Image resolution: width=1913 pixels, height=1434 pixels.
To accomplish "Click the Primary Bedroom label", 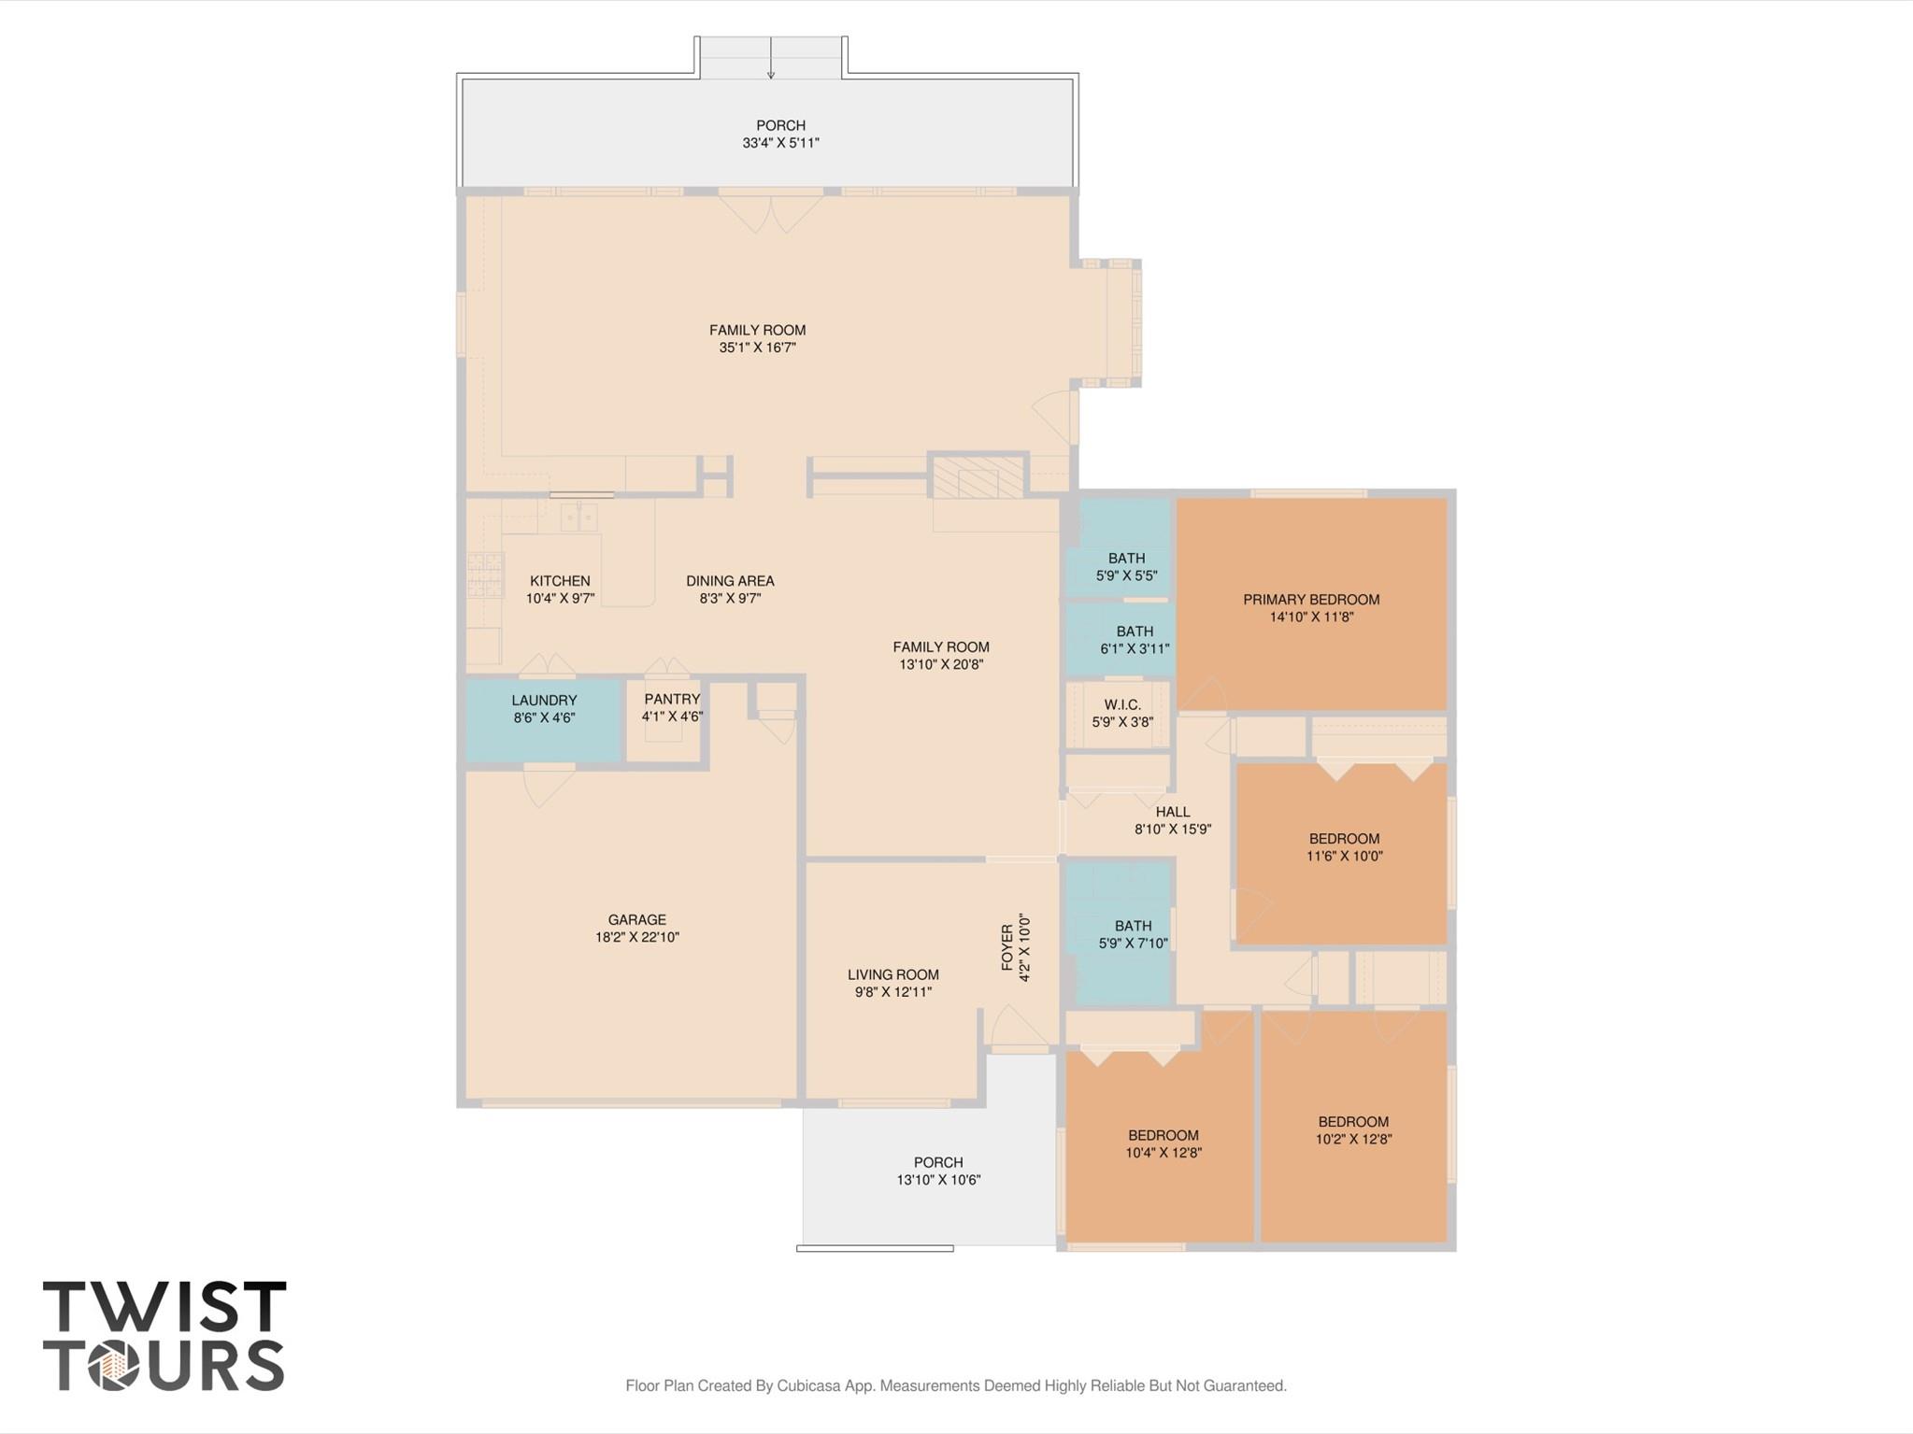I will pyautogui.click(x=1310, y=600).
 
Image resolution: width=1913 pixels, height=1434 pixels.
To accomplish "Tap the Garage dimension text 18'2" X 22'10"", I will pyautogui.click(x=636, y=937).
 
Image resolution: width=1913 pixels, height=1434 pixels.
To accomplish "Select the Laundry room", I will pyautogui.click(x=544, y=719).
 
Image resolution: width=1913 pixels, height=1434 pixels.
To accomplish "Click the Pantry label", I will pyautogui.click(x=671, y=699).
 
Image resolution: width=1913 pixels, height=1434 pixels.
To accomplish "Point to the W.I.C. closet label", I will pyautogui.click(x=1121, y=704).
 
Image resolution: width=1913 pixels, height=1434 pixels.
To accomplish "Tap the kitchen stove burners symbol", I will pyautogui.click(x=485, y=575).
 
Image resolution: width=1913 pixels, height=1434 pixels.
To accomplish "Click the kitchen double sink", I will pyautogui.click(x=578, y=518).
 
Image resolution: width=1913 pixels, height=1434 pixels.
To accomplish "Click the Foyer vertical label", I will pyautogui.click(x=1007, y=947).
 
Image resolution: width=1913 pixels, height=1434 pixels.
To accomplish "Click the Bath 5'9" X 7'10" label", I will pyautogui.click(x=1133, y=934).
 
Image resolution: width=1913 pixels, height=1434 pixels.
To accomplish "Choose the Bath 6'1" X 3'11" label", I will pyautogui.click(x=1135, y=640).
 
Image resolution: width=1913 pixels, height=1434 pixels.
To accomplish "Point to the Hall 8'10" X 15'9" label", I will pyautogui.click(x=1172, y=820).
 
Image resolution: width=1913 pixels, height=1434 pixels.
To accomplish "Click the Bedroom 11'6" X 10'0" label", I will pyautogui.click(x=1344, y=847).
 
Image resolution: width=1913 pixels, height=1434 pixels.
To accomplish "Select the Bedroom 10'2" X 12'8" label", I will pyautogui.click(x=1353, y=1130).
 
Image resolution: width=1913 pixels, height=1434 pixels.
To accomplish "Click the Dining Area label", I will pyautogui.click(x=730, y=581).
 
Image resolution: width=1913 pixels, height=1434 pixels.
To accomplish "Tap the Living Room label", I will pyautogui.click(x=892, y=974).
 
